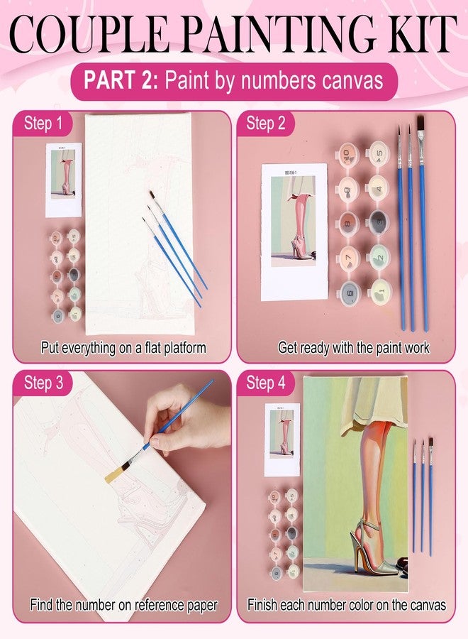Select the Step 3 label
(43, 383)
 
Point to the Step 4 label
(266, 383)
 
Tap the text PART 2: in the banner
(121, 80)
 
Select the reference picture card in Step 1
(63, 180)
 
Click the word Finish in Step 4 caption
(263, 606)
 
